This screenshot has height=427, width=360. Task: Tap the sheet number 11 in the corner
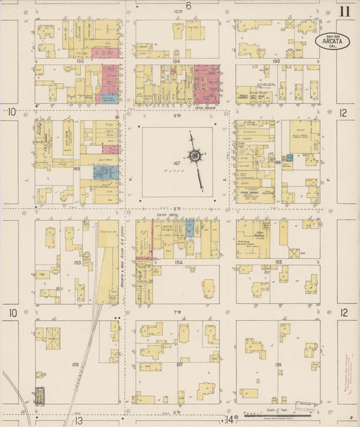tap(345, 11)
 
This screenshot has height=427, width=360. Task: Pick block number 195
tap(276, 61)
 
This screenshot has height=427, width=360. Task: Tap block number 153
tap(78, 261)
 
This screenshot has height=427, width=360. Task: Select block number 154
tap(179, 261)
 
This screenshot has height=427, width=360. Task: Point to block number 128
tap(75, 365)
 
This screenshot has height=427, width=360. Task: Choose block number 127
tap(179, 365)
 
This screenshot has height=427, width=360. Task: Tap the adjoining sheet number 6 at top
tap(188, 6)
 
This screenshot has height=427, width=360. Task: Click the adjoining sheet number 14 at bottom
tap(230, 420)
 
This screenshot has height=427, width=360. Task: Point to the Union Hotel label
tap(165, 216)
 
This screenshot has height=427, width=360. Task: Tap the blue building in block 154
tap(190, 228)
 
